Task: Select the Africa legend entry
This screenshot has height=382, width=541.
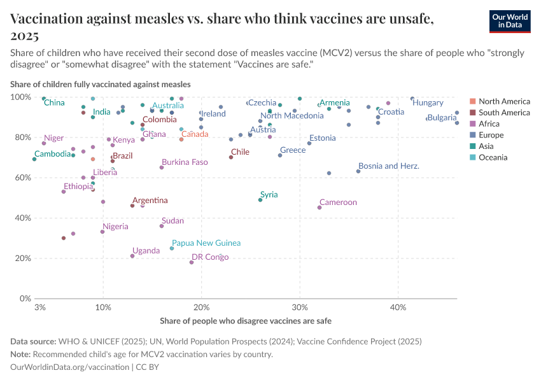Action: pyautogui.click(x=489, y=124)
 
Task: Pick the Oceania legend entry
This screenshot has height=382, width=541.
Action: pyautogui.click(x=493, y=157)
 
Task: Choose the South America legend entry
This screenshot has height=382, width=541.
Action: pyautogui.click(x=504, y=113)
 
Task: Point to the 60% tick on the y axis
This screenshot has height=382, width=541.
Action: pyautogui.click(x=22, y=178)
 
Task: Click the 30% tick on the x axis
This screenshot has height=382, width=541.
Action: pyautogui.click(x=300, y=308)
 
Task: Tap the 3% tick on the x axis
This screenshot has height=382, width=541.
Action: pyautogui.click(x=40, y=308)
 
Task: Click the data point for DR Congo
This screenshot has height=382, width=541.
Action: pyautogui.click(x=192, y=262)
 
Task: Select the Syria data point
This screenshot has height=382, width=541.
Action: pyautogui.click(x=260, y=200)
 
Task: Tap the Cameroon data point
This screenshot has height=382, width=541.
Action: pyautogui.click(x=320, y=208)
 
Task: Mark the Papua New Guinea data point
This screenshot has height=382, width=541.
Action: pyautogui.click(x=172, y=248)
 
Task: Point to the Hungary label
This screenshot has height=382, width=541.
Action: pyautogui.click(x=428, y=103)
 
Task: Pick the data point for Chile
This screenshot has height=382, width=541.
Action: pyautogui.click(x=231, y=157)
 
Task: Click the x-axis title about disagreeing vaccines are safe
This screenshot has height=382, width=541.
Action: pyautogui.click(x=246, y=320)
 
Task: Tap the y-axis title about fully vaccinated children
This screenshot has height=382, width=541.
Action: pyautogui.click(x=100, y=84)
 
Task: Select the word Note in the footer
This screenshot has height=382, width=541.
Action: pyautogui.click(x=20, y=355)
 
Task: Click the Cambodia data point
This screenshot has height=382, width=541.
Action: pyautogui.click(x=34, y=159)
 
